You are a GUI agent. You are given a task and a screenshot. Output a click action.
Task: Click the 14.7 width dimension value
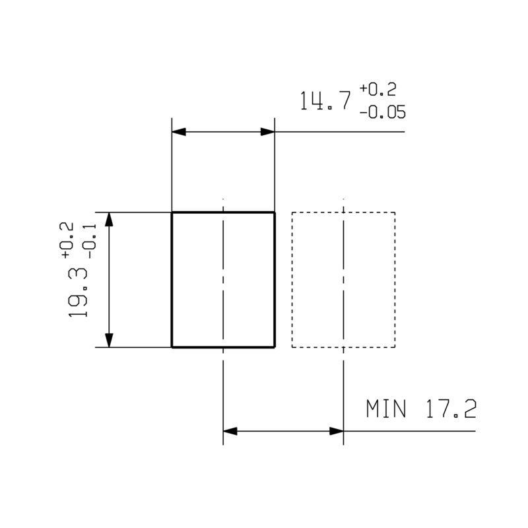tap(324, 100)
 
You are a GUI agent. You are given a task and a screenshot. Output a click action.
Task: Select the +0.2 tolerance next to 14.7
tap(378, 89)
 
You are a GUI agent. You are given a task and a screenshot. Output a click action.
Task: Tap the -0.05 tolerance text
tap(383, 112)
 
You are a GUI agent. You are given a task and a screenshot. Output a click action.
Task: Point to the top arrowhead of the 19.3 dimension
tap(110, 220)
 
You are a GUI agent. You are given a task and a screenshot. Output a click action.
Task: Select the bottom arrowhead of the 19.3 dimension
tap(110, 339)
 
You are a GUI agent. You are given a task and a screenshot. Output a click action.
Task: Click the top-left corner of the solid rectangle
tap(172, 213)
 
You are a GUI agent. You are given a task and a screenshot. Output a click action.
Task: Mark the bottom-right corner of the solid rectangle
tap(274, 346)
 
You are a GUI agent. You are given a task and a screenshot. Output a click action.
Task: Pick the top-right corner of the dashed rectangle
tap(395, 213)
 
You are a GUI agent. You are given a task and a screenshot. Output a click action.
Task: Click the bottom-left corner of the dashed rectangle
tap(292, 346)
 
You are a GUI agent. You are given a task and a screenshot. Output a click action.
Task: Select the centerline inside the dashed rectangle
tap(344, 277)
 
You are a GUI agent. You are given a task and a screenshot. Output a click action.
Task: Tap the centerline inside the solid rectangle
tap(224, 277)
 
